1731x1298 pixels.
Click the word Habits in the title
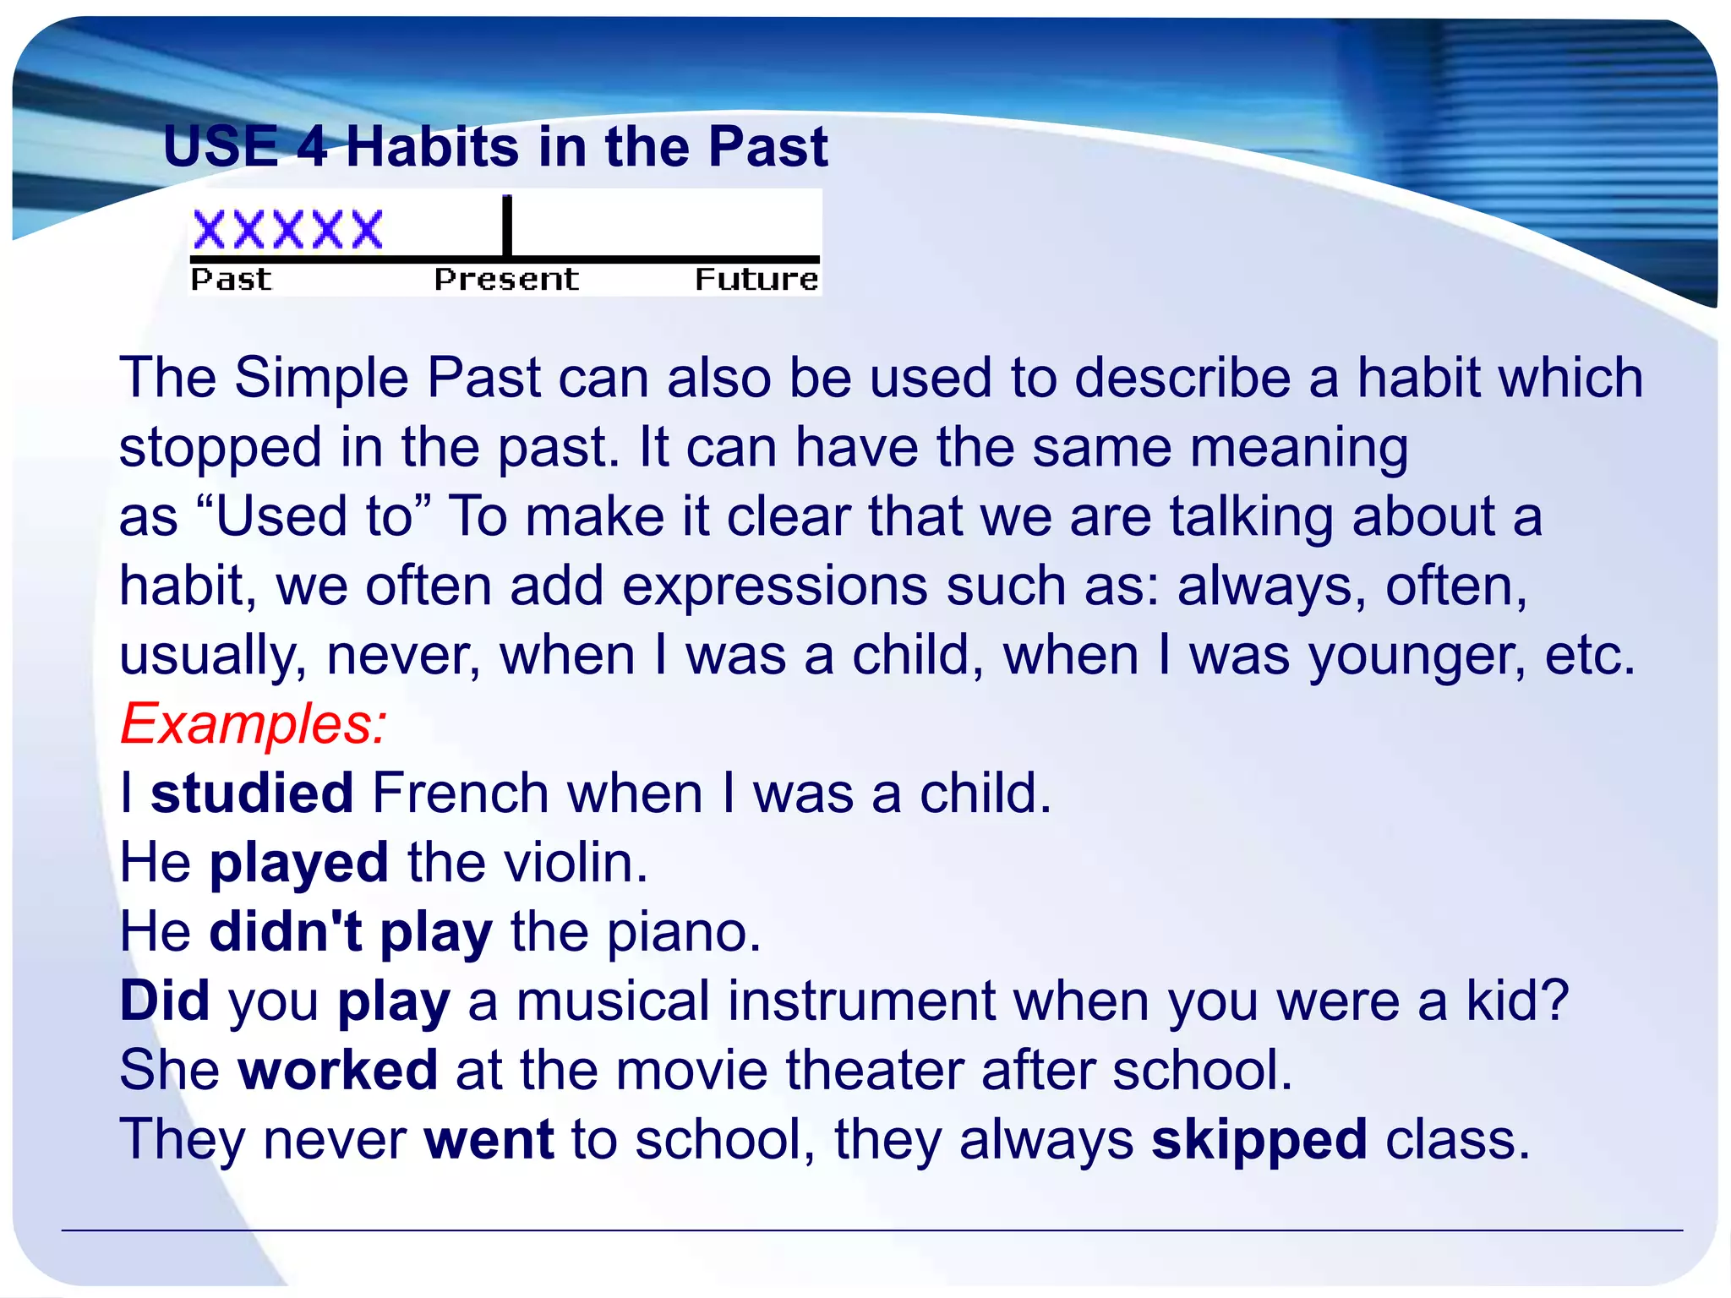point(432,147)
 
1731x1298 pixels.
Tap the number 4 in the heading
point(312,147)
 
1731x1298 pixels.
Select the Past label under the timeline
point(231,280)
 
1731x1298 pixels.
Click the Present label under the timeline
point(506,280)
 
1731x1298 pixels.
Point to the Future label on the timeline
point(756,280)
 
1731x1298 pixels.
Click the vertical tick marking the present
point(507,226)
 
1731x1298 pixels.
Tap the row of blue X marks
point(288,230)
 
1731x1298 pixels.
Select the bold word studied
point(252,794)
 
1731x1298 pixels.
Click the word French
point(461,794)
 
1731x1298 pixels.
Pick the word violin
point(576,863)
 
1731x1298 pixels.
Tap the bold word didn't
point(286,932)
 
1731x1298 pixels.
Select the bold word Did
point(164,1001)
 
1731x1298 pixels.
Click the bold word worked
point(338,1071)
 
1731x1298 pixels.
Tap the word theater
point(874,1071)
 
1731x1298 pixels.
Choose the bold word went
point(489,1140)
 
